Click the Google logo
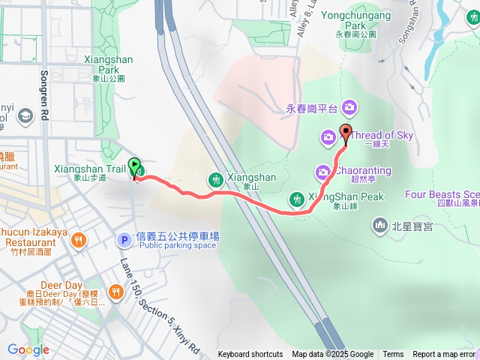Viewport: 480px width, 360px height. pos(28,349)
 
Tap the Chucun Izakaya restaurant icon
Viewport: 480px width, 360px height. pos(79,240)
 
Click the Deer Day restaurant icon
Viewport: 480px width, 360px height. pos(115,291)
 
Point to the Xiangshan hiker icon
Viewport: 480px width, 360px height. pos(216,178)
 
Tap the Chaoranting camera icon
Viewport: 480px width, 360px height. pos(322,172)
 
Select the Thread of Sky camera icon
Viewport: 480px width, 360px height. pos(328,136)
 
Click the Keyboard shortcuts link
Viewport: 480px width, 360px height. pos(250,355)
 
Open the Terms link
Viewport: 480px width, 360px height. pos(393,355)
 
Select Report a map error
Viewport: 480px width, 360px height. pos(443,355)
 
